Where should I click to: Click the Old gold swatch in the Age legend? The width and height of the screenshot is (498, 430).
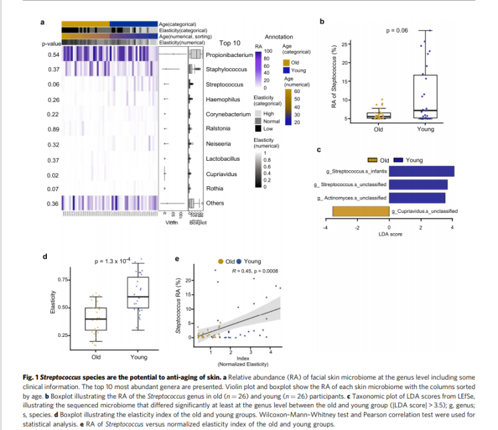286,62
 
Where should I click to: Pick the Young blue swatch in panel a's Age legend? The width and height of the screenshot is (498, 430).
286,70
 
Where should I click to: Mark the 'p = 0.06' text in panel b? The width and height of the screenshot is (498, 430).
397,31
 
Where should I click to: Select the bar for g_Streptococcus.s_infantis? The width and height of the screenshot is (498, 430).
421,171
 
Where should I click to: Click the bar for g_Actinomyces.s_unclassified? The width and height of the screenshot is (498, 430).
417,198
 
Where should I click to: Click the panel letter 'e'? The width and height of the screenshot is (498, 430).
176,259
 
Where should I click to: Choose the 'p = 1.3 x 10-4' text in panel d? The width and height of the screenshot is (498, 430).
114,259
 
